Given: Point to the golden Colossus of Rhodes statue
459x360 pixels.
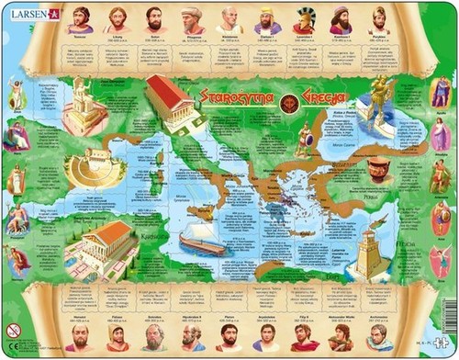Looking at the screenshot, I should tap(377, 97).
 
